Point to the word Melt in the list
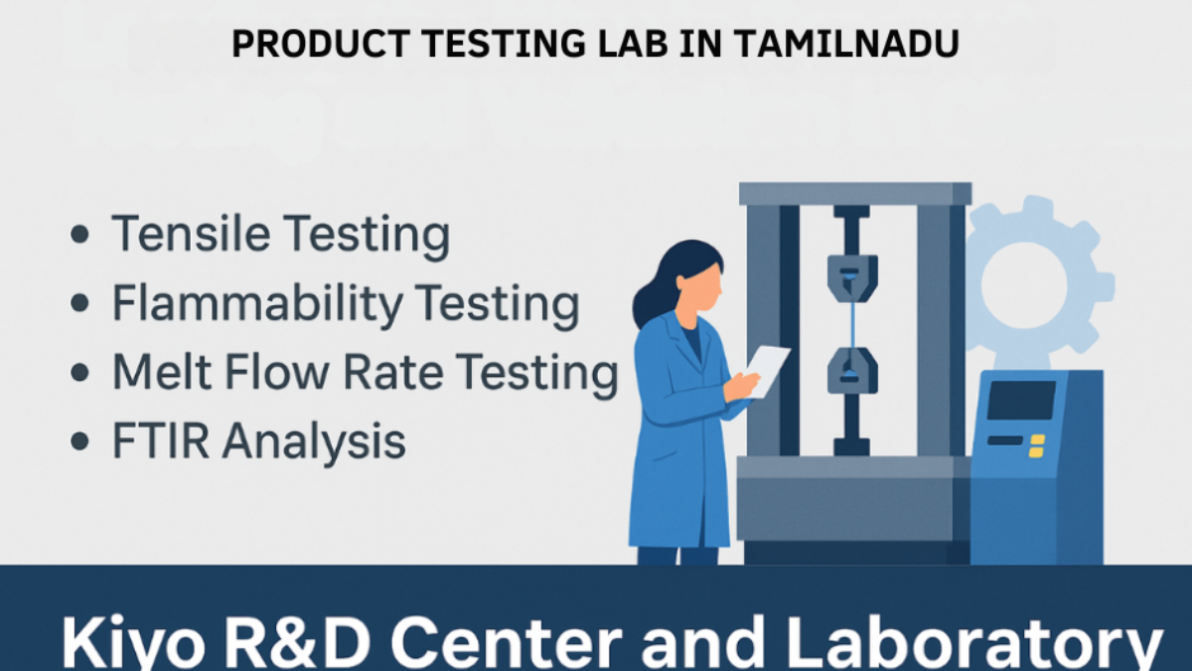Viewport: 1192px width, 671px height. tap(158, 372)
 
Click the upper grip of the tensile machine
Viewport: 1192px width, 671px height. tap(852, 273)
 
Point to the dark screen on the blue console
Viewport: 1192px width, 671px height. tap(1020, 400)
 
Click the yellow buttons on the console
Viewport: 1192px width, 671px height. tap(1037, 445)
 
